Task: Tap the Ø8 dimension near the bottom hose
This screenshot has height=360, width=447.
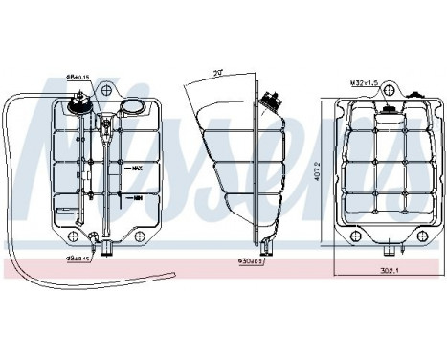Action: click(77, 258)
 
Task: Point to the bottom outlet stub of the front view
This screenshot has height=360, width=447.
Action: click(106, 251)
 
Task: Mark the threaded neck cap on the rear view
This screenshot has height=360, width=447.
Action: click(390, 107)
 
